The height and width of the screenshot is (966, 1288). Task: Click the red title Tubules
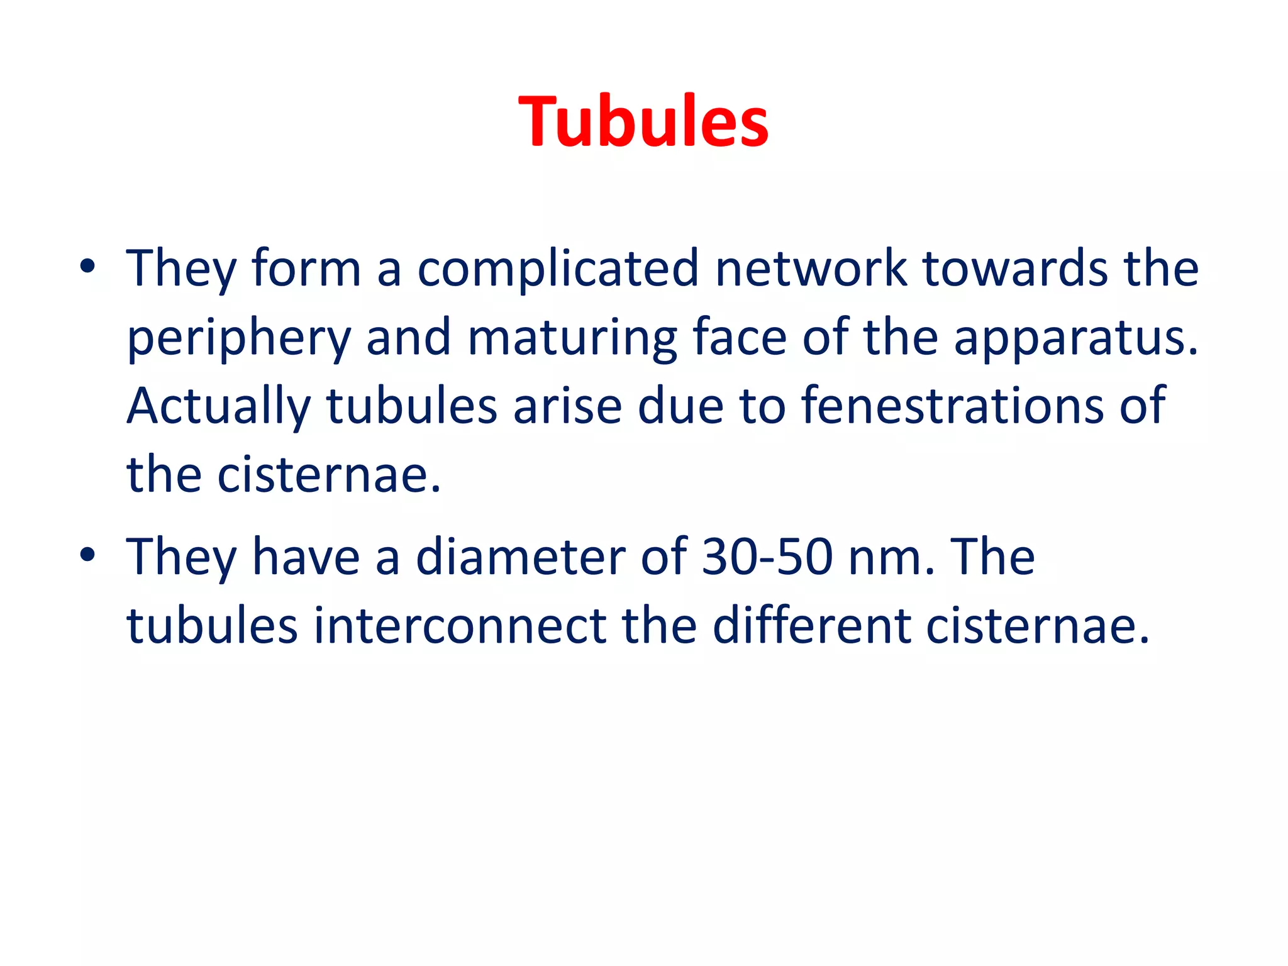pos(643,121)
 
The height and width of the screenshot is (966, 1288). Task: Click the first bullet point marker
pos(87,267)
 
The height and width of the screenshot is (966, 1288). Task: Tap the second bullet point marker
pos(87,556)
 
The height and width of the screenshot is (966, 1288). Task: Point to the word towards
pos(1015,268)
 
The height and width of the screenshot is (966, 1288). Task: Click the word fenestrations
pos(952,406)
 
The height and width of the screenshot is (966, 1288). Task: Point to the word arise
pos(567,406)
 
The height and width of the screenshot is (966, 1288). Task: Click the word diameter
pos(520,557)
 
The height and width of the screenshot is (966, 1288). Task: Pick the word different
pos(811,626)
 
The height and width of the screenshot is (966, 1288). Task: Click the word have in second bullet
pos(306,557)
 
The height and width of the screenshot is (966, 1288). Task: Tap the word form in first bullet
pos(306,268)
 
